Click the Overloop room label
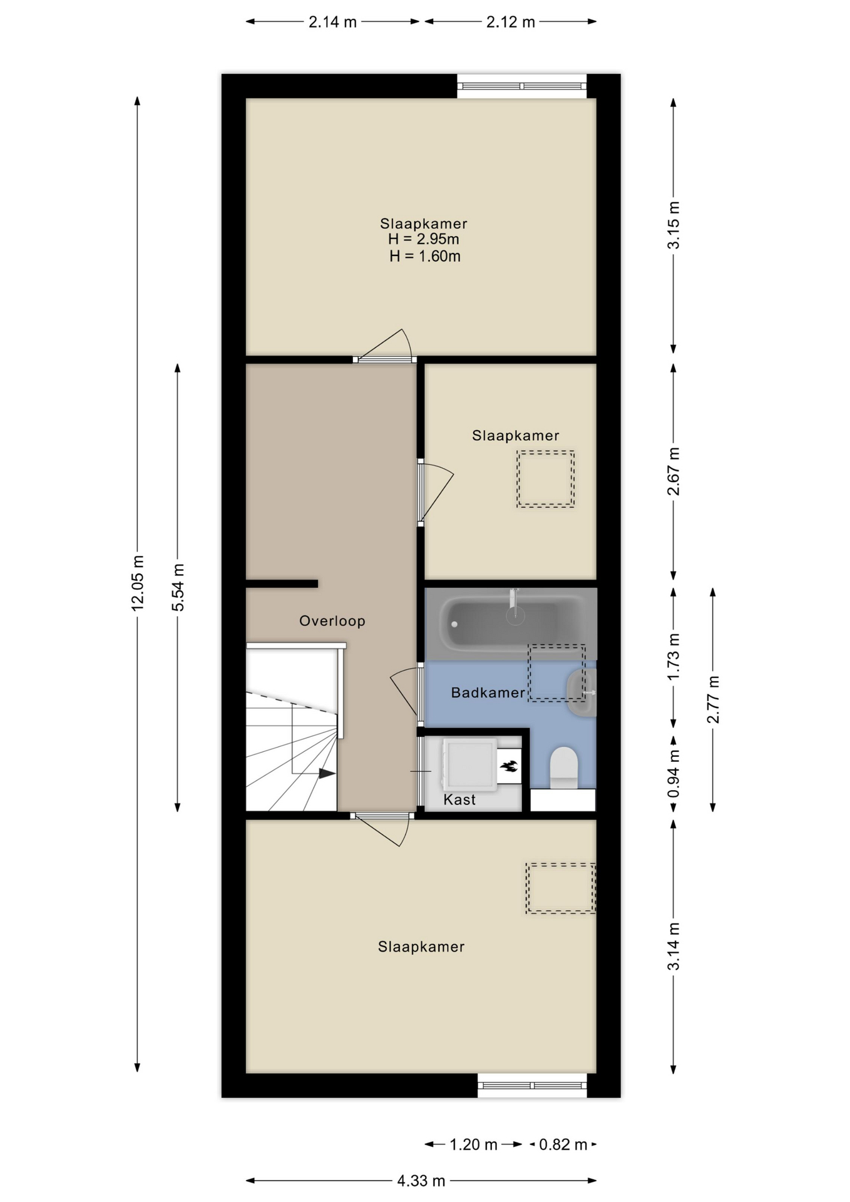pos(332,620)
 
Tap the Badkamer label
pos(488,692)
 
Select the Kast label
pos(459,799)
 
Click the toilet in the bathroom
pos(563,768)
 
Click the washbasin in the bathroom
pos(582,692)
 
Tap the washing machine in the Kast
pos(469,764)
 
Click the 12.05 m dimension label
pos(138,582)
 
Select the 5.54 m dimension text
pos(178,587)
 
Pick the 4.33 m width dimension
pos(421,1181)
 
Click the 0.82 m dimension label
pos(563,1144)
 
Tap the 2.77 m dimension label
pos(713,699)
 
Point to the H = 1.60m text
pos(425,256)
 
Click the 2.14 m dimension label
pos(332,22)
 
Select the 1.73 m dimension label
pos(673,657)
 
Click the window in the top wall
pos(521,86)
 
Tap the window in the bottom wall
pos(532,1085)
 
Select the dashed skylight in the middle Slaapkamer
pos(545,479)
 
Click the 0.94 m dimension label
pos(673,775)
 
